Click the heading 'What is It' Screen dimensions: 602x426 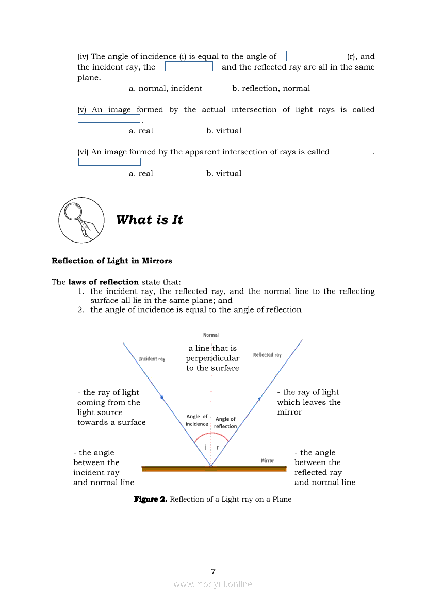click(150, 220)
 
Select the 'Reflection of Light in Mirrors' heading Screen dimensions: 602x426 click(112, 261)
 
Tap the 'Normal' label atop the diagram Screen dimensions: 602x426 click(211, 335)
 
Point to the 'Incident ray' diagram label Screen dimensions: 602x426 click(152, 359)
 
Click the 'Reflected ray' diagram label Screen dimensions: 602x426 click(267, 355)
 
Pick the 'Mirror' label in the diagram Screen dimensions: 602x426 click(267, 461)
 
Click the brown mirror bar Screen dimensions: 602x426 click(214, 469)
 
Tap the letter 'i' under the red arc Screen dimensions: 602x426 click(206, 447)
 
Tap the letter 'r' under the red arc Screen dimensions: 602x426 click(217, 447)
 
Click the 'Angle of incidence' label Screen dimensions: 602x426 click(197, 420)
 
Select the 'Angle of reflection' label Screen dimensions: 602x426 click(225, 423)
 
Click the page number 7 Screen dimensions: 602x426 click(213, 571)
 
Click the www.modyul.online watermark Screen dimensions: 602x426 click(213, 584)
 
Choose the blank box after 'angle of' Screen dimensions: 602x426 click(312, 56)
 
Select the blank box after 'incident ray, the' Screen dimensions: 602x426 click(189, 66)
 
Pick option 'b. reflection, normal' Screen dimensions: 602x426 click(271, 88)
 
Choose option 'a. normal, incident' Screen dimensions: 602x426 click(166, 88)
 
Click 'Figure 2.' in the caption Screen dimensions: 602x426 click(151, 499)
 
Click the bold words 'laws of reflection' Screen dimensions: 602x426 click(103, 282)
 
